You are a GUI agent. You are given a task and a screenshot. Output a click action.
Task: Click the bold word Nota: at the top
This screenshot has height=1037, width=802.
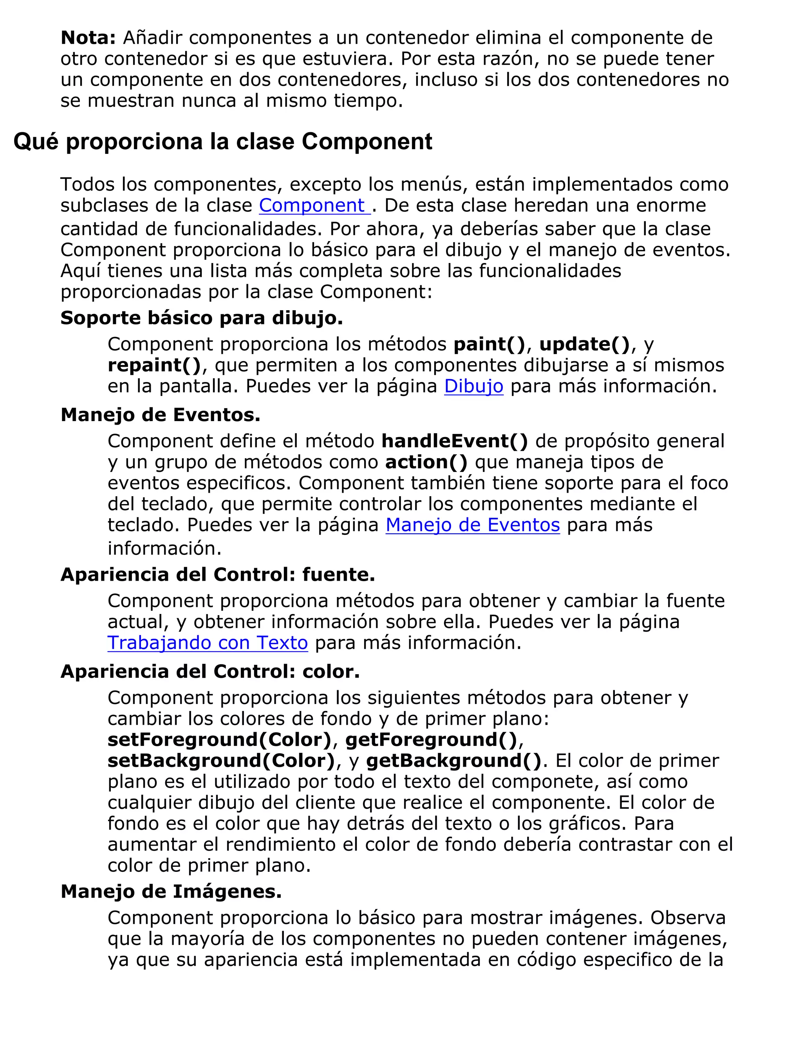click(x=88, y=38)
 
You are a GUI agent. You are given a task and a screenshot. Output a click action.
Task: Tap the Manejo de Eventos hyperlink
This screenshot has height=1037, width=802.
click(x=472, y=525)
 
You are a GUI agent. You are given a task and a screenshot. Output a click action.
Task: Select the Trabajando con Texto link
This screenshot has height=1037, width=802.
click(x=208, y=643)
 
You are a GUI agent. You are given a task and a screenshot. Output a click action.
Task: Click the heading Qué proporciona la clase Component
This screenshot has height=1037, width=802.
click(x=223, y=142)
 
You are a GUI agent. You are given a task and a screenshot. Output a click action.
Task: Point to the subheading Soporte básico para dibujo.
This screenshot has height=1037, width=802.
click(x=201, y=318)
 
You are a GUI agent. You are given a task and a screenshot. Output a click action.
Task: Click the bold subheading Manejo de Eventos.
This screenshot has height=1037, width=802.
click(x=160, y=415)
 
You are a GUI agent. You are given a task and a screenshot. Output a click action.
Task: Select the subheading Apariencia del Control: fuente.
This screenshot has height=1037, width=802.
click(x=218, y=575)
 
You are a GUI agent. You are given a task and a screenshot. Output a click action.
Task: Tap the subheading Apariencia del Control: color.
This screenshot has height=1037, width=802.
click(x=210, y=672)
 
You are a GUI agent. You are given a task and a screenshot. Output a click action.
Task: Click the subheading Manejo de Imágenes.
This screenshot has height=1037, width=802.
click(x=171, y=892)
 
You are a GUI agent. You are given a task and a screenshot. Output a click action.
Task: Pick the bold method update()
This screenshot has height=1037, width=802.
click(x=584, y=344)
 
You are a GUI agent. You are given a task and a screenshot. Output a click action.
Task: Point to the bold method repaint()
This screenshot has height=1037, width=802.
click(x=154, y=365)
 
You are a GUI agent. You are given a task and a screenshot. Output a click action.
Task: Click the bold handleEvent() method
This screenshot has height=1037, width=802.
click(x=455, y=441)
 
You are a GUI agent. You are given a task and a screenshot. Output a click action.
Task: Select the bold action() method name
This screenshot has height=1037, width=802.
click(x=426, y=462)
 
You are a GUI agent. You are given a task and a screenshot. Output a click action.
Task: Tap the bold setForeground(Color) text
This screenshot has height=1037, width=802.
click(x=219, y=740)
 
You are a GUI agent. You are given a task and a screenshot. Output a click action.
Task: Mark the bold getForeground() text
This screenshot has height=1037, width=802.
click(x=431, y=740)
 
